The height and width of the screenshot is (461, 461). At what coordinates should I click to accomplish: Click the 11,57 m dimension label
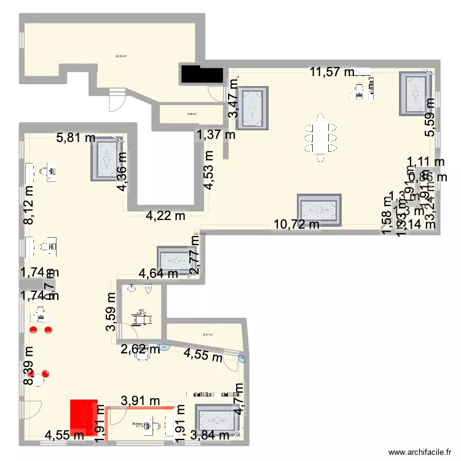pos(331,73)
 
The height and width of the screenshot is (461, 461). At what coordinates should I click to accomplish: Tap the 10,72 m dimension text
pos(296,224)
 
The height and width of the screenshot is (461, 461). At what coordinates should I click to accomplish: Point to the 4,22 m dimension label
pos(165,216)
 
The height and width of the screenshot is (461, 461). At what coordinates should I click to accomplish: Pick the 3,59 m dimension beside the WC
pos(111,310)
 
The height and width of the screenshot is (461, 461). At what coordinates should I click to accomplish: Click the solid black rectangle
pos(201,74)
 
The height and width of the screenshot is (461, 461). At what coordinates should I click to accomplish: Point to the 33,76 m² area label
pos(121,56)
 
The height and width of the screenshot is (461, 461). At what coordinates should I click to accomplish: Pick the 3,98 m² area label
pos(191,114)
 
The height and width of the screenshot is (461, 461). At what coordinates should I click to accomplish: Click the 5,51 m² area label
pos(208,335)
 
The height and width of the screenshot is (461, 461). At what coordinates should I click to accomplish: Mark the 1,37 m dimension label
pos(216,135)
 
